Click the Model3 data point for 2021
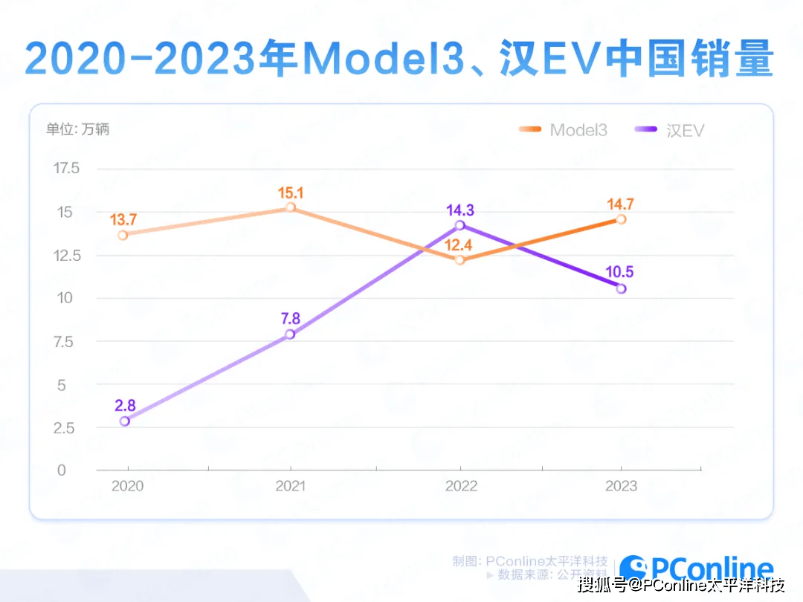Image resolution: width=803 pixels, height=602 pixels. [291, 207]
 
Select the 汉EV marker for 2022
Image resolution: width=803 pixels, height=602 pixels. [459, 225]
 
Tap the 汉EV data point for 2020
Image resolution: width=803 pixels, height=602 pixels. [124, 421]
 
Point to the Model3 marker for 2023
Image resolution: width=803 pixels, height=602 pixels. [621, 219]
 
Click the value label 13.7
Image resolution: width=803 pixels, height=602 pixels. [123, 220]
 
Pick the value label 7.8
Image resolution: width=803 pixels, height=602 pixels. [290, 319]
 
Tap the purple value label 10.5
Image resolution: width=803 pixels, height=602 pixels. [621, 272]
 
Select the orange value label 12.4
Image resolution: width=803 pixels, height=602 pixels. [459, 245]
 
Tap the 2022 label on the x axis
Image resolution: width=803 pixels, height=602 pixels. [461, 486]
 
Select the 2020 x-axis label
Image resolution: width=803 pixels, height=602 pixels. [126, 486]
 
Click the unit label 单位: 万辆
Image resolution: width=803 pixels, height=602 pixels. [77, 129]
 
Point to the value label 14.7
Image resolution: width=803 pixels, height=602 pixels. [621, 204]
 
